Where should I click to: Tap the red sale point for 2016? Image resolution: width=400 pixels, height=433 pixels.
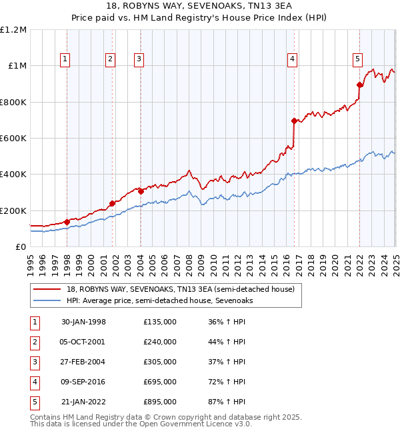point(294,121)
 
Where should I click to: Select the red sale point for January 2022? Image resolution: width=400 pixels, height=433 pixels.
point(359,85)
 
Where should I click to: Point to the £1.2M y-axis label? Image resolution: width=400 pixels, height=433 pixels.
point(13,30)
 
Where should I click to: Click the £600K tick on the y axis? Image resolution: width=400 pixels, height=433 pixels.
point(13,139)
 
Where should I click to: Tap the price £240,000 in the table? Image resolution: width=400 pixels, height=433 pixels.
point(160,342)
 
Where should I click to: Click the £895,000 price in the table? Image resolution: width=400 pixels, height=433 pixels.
point(160,402)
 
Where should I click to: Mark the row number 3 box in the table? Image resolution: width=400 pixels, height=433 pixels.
point(33,362)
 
